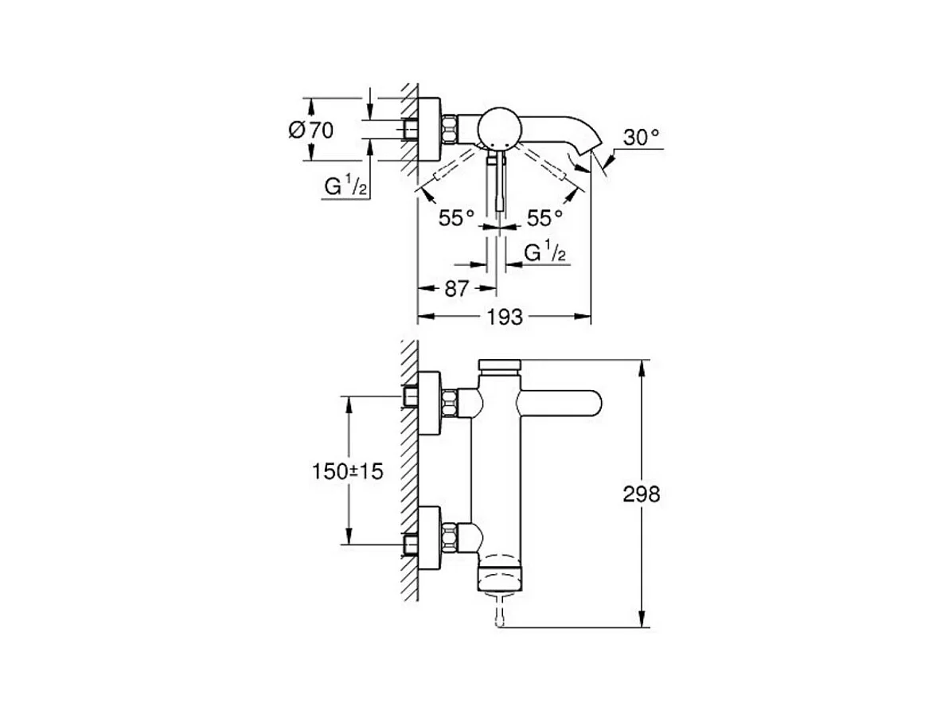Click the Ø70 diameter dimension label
point(310,129)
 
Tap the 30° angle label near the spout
point(642,137)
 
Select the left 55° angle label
point(457,217)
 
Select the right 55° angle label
point(544,217)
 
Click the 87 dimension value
point(456,288)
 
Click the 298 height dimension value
point(642,494)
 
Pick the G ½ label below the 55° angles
point(545,254)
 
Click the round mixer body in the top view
point(497,127)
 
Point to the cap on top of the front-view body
point(500,365)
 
